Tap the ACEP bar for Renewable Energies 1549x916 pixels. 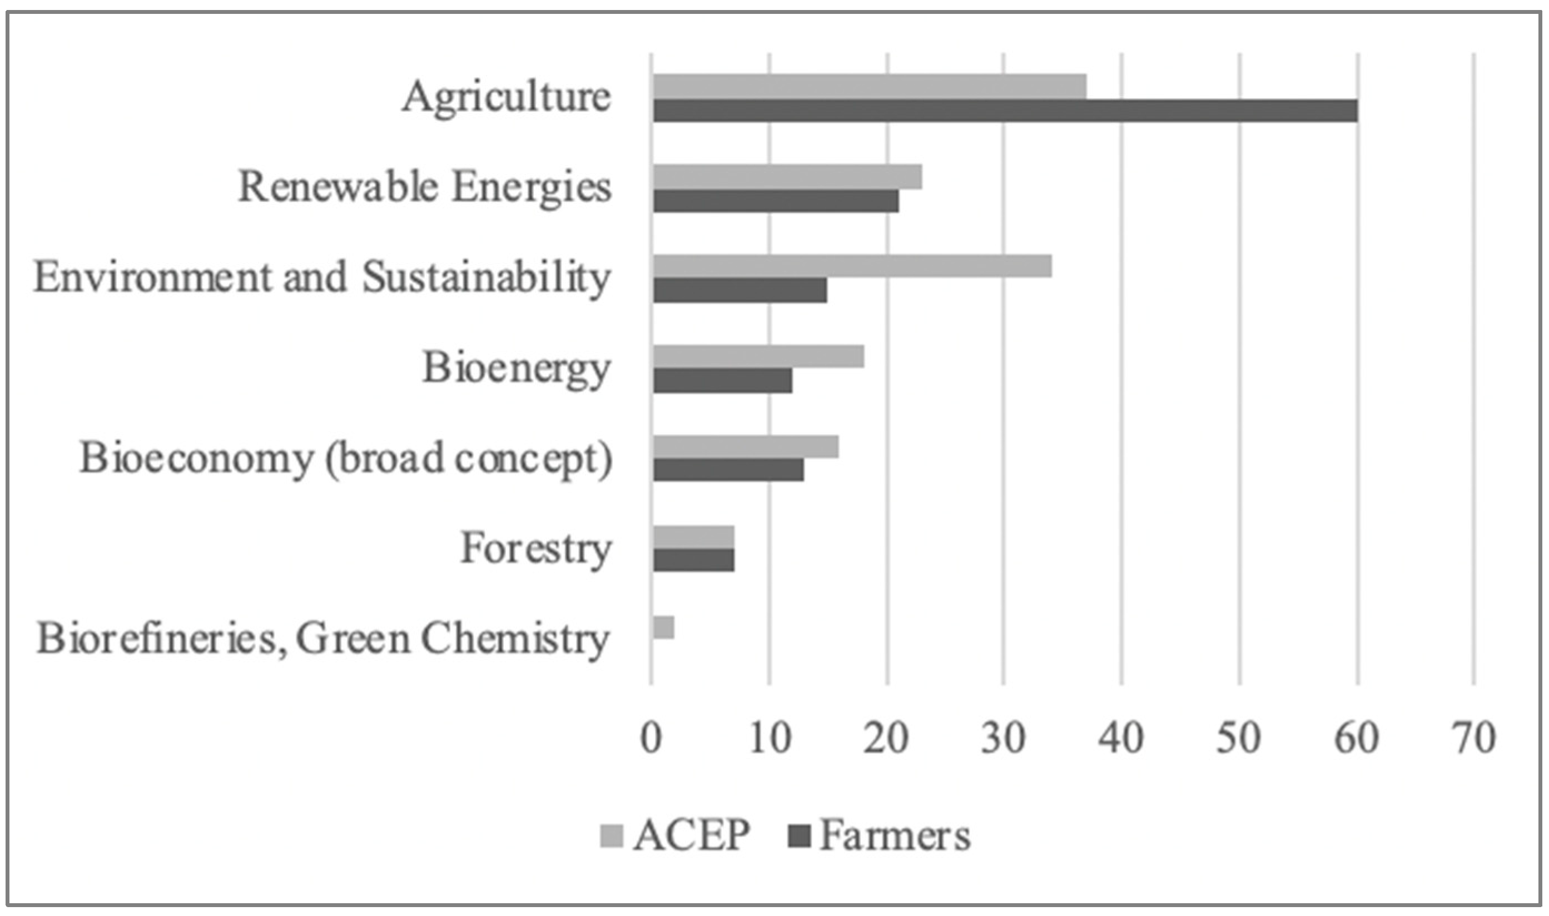tap(787, 177)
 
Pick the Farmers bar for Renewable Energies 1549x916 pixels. tap(776, 201)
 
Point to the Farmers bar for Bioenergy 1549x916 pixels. tap(722, 381)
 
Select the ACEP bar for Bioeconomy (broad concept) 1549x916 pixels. tap(745, 447)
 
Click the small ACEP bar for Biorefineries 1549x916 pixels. tap(663, 628)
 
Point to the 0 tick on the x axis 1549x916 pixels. tap(651, 738)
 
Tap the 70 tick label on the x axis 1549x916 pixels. tap(1474, 738)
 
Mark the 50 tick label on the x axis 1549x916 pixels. tap(1238, 738)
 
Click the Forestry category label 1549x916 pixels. tap(535, 549)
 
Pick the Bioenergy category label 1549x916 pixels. tap(516, 369)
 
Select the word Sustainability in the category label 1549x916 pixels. tap(486, 278)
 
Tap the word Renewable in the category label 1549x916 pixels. tap(339, 187)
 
